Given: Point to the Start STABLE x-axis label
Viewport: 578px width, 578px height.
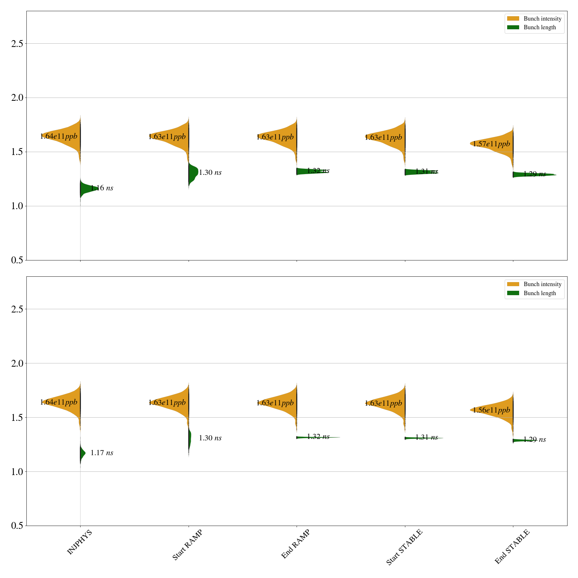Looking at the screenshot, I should [x=404, y=547].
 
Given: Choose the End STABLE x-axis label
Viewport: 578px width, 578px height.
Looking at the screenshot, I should [x=512, y=546].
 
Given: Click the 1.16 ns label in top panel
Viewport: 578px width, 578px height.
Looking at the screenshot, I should [x=102, y=188].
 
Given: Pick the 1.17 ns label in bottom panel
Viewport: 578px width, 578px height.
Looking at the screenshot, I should [x=102, y=453].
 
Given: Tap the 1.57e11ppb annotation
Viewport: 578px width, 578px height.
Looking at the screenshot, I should [x=491, y=144].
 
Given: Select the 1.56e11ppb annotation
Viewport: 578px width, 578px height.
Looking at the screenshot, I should [x=491, y=410].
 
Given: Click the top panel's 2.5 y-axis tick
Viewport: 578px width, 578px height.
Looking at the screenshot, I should [x=17, y=44].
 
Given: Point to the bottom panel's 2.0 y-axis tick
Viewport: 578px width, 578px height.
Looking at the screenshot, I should [x=17, y=363].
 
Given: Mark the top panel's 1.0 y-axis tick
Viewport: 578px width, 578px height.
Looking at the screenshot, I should [x=17, y=206].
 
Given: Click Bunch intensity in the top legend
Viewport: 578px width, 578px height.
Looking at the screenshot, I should [x=542, y=18].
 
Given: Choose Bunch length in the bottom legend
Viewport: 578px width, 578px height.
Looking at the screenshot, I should [x=540, y=293].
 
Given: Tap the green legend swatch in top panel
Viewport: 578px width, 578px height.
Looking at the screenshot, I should [x=513, y=27].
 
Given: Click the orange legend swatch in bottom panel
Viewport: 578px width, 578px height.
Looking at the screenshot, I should [x=513, y=284].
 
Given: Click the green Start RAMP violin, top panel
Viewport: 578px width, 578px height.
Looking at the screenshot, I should [x=193, y=173].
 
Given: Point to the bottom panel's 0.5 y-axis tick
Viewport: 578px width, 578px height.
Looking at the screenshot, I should [x=17, y=526].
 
